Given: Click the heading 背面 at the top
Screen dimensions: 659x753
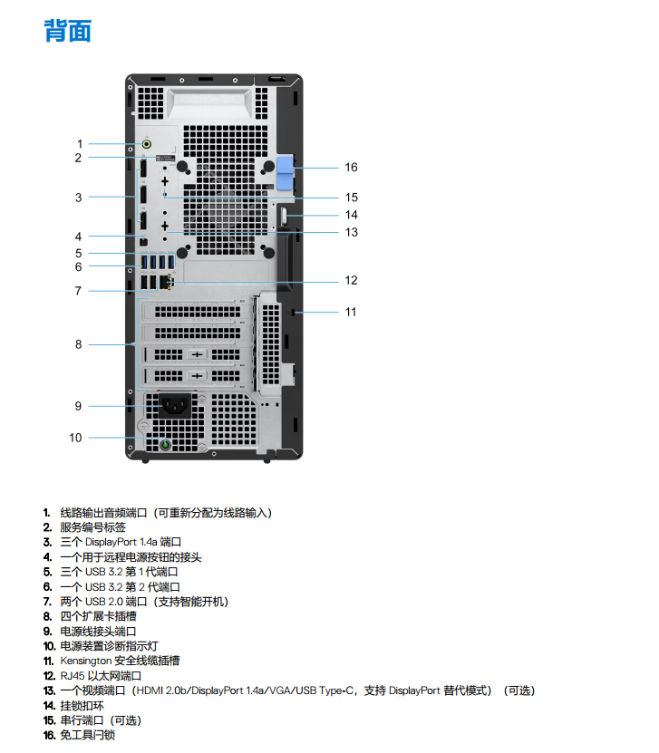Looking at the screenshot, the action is pos(68,31).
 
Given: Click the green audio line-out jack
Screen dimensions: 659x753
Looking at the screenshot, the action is pos(147,143).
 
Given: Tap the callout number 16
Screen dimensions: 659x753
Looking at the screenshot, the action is pos(351,167).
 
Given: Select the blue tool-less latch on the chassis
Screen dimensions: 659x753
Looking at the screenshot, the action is pos(285,172).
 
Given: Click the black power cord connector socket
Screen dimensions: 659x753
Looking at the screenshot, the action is pos(175,406).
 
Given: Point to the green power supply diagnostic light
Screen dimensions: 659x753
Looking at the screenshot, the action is pos(165,445).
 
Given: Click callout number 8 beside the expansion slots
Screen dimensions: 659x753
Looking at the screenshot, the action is pos(78,344).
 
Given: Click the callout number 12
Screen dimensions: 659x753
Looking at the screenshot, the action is pos(351,281).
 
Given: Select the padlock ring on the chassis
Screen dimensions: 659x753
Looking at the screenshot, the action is pos(284,217).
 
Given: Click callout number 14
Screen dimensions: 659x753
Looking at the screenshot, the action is pos(351,215).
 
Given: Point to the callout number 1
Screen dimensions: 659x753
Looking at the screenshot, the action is pos(80,143).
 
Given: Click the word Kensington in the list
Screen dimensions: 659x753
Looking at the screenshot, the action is pos(85,661).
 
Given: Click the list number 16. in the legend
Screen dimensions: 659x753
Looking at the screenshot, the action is pos(49,735).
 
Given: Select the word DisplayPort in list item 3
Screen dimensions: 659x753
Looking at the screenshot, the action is pos(111,542).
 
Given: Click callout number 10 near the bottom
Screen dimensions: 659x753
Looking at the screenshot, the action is pos(75,438).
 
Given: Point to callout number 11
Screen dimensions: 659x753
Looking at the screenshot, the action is pos(351,312).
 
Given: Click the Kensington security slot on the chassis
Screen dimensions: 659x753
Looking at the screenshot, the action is pos(293,313).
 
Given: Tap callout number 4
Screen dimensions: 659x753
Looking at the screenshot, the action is pos(78,237).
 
